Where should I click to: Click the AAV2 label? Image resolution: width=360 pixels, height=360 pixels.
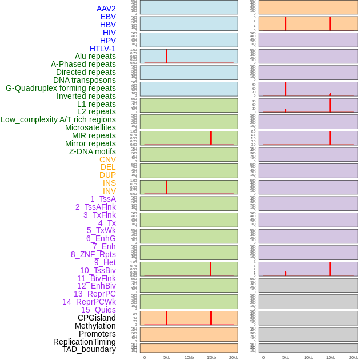(106, 9)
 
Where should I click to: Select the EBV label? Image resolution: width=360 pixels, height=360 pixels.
(108, 17)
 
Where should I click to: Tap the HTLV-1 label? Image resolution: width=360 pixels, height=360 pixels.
(102, 49)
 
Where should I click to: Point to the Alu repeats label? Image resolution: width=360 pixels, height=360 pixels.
(95, 56)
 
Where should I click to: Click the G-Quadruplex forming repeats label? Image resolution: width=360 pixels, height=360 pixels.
(61, 88)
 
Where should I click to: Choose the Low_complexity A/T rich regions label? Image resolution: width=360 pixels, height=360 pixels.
(58, 119)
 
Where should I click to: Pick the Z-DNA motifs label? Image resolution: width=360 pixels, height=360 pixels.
(93, 151)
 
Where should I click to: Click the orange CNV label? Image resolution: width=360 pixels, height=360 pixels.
(107, 159)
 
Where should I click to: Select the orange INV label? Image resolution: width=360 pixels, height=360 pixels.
(109, 191)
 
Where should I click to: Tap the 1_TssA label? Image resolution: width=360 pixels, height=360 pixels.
(103, 199)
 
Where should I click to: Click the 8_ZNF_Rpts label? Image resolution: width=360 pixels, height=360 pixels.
(93, 254)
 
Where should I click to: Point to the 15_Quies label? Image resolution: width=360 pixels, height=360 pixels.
(98, 310)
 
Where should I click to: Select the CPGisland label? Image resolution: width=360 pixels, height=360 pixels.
(97, 318)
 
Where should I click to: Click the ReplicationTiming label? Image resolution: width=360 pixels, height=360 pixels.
(85, 342)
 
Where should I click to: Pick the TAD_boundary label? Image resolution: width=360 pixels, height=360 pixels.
(89, 349)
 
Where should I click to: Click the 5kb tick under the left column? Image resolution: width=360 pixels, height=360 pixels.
(167, 357)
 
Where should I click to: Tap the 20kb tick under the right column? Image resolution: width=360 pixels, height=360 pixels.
(353, 357)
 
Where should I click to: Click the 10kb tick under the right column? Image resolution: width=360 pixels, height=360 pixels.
(308, 357)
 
